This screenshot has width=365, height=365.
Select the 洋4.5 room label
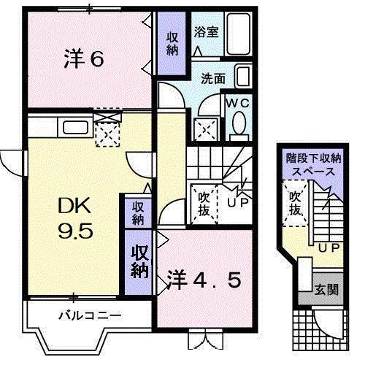tap(204, 279)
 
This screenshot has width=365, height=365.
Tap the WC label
tap(238, 103)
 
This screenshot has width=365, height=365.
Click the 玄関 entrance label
tap(326, 290)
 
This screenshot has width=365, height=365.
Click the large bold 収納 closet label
tap(140, 261)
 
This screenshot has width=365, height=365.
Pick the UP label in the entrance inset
tap(327, 247)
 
